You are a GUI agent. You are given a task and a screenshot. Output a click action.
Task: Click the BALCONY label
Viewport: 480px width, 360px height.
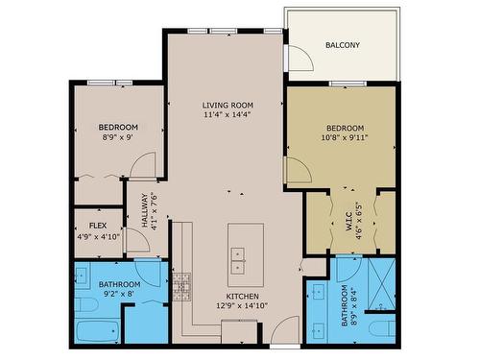pos(342,45)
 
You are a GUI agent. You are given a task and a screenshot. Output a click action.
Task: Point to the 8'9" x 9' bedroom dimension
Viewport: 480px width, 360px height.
pos(118,137)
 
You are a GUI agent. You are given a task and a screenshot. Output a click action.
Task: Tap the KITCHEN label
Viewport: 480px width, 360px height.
pos(242,296)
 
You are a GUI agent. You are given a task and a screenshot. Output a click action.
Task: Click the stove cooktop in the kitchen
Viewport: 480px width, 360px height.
pos(181,285)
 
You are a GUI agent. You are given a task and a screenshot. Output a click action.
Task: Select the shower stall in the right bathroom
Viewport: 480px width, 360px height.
pos(382,283)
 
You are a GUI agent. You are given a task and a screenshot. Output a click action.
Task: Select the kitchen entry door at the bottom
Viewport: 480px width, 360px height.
pos(284,333)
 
